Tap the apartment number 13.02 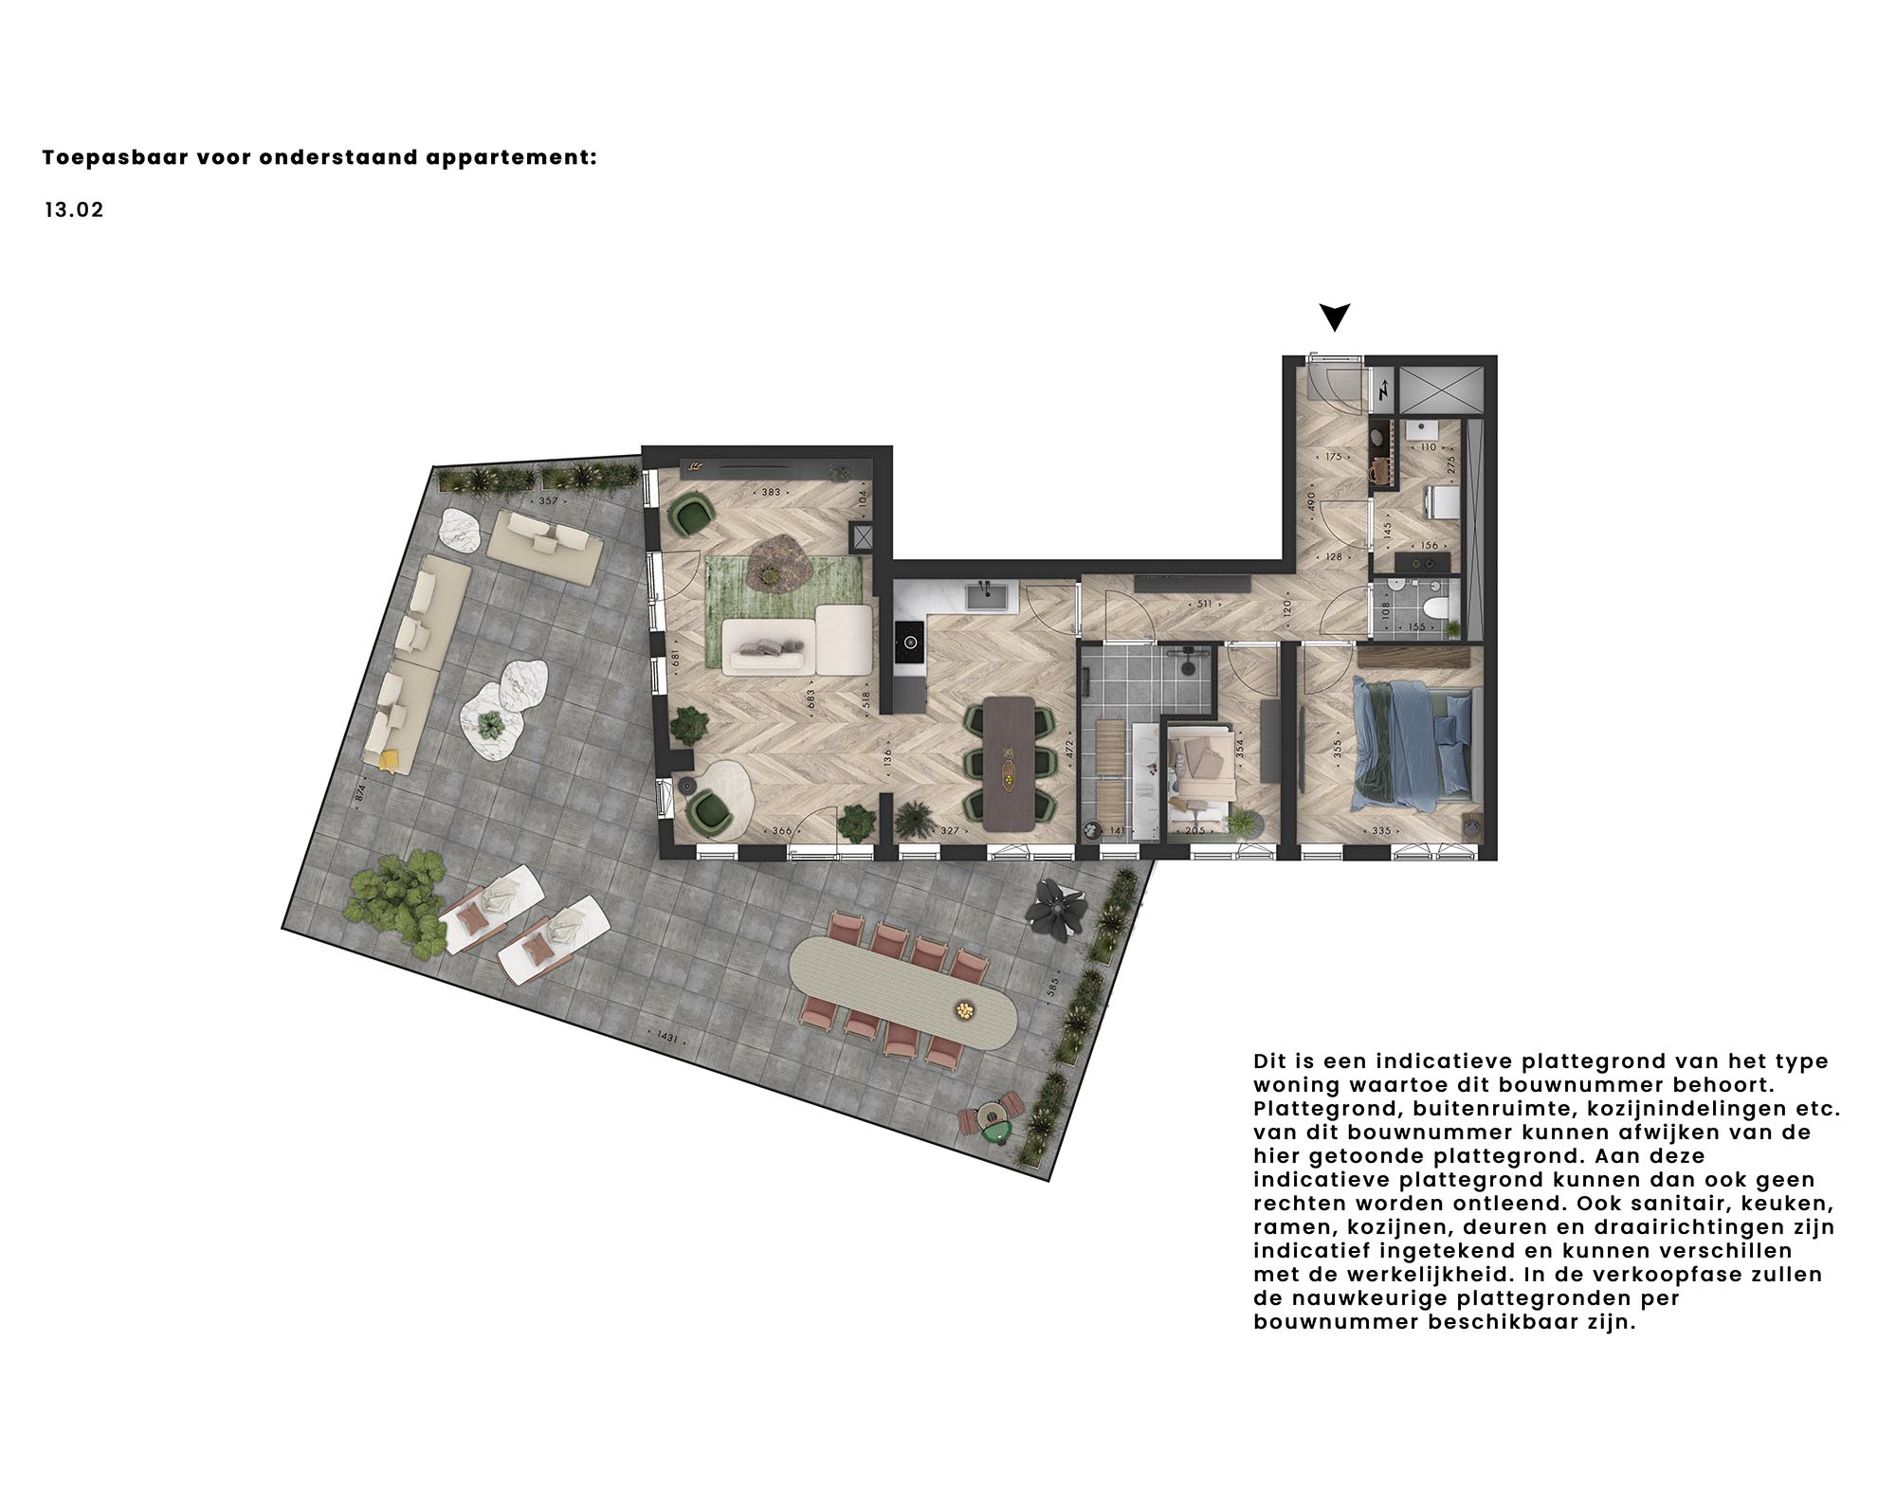tap(74, 210)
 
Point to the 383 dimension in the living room tap(771, 493)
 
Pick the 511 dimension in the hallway tap(1204, 604)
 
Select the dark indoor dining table tap(1009, 764)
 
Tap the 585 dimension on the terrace tap(1051, 990)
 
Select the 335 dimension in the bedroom tap(1380, 831)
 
